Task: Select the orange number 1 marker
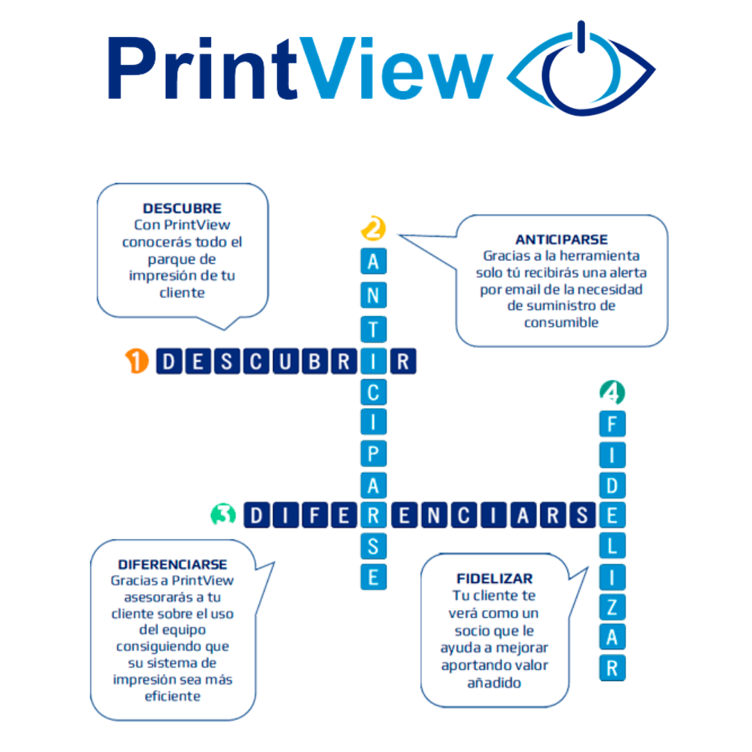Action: click(x=137, y=361)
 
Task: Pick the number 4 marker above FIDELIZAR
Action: click(x=611, y=392)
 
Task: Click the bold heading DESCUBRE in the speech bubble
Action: click(x=182, y=209)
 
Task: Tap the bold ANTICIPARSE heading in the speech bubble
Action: click(x=562, y=240)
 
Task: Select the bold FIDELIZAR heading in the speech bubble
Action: click(x=495, y=579)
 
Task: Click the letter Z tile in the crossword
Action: click(x=612, y=607)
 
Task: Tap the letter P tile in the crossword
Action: click(x=373, y=453)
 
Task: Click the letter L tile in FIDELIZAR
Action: click(x=612, y=546)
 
